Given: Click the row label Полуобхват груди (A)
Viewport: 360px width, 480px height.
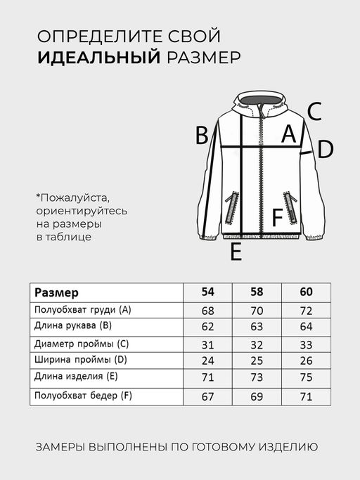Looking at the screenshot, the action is tap(82, 310).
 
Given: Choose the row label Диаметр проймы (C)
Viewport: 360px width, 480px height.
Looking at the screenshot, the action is tap(81, 344).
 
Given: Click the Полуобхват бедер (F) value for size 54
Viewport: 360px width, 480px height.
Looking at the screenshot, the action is tap(208, 396).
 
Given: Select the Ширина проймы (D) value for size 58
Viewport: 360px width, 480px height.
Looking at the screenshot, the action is tap(257, 361).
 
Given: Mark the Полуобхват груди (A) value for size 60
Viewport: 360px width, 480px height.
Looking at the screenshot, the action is tap(305, 310).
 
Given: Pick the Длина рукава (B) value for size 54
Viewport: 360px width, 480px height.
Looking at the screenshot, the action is tap(208, 326).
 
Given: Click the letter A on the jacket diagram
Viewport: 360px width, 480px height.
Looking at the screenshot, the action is tap(288, 134).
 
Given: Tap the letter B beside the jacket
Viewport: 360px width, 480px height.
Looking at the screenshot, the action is tap(202, 135).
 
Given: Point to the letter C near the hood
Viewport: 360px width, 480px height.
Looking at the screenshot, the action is tap(314, 111).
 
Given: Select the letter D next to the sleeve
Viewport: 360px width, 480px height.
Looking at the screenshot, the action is tap(325, 149).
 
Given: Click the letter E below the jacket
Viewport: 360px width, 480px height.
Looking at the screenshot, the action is tap(236, 252).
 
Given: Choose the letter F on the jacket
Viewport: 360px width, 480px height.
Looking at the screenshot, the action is tap(277, 218).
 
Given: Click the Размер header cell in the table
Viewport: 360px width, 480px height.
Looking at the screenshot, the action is tap(57, 292).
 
